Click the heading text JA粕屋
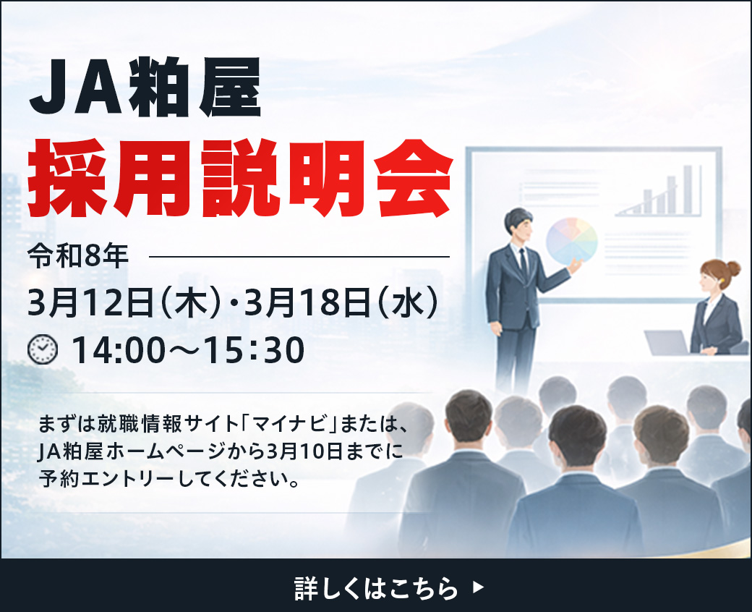point(145,87)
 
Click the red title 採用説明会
point(240,179)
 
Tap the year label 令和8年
point(78,256)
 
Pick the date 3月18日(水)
point(341,302)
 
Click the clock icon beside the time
point(43,349)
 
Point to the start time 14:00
point(119,350)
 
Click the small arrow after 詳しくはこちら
point(478,587)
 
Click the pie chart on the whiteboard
point(572,242)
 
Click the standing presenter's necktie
point(524,264)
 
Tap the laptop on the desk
point(667,342)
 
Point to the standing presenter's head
point(518,226)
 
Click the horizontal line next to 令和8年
point(299,257)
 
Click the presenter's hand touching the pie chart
point(576,265)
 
